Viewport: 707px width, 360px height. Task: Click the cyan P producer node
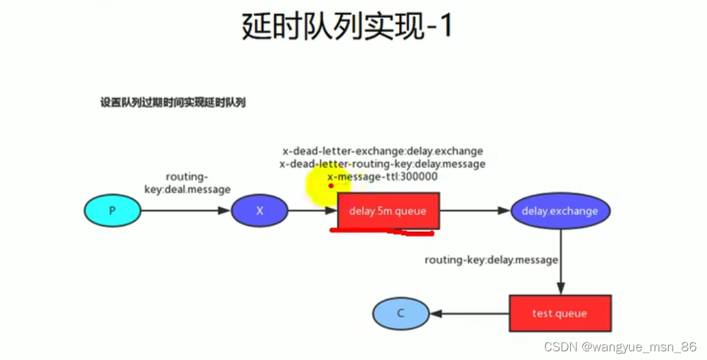[112, 211]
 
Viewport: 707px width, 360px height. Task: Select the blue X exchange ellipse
[260, 211]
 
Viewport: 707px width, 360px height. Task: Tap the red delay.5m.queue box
[388, 211]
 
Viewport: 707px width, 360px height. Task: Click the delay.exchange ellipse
[559, 211]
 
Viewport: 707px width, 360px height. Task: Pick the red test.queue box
[559, 313]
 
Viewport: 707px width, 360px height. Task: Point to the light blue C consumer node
[400, 313]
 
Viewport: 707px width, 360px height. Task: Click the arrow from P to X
[185, 211]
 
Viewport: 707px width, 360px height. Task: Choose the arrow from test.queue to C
[470, 313]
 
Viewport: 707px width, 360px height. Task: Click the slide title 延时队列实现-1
[347, 27]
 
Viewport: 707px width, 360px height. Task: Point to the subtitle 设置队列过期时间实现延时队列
[173, 103]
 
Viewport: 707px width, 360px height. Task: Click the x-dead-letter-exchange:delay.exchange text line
[382, 151]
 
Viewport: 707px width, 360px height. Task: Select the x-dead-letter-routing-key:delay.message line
[382, 164]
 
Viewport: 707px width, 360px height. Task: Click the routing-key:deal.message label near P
[187, 183]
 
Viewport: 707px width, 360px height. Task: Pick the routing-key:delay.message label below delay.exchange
[491, 259]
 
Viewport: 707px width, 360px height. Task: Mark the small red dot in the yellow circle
[331, 186]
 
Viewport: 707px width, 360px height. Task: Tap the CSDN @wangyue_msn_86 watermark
[620, 347]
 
